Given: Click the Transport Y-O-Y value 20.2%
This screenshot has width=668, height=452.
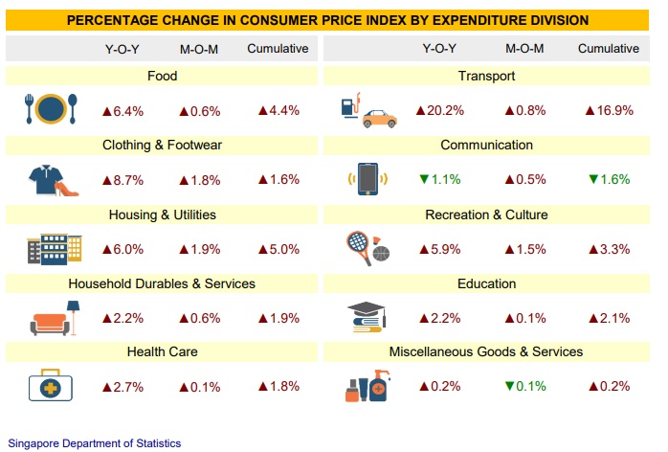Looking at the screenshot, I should [439, 111].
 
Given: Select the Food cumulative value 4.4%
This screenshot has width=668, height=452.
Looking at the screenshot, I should [278, 111].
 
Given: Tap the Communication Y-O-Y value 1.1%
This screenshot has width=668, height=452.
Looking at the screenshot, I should [439, 180].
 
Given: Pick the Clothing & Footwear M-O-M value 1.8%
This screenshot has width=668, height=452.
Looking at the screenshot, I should [199, 180].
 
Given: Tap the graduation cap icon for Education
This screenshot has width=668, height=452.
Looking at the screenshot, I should [367, 317].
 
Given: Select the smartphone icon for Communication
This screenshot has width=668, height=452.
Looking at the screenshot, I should [366, 179].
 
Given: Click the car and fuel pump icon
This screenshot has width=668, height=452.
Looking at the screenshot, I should [367, 111].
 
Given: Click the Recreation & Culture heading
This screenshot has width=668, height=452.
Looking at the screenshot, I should [487, 215].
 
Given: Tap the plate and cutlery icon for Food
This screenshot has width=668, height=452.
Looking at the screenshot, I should [47, 110].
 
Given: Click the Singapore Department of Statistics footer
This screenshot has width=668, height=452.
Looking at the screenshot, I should [94, 443].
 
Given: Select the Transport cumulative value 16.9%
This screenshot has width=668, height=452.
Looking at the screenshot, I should [608, 111].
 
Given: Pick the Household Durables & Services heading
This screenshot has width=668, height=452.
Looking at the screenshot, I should [162, 283].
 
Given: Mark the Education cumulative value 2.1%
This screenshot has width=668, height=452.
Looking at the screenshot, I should [608, 318].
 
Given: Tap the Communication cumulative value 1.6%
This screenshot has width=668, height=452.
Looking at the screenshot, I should [608, 180].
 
